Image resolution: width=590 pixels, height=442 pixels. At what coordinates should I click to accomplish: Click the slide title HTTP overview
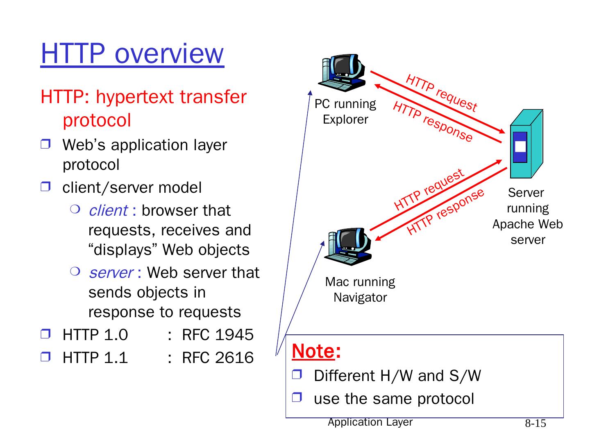132,54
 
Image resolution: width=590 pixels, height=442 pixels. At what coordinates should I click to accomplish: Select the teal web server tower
526,144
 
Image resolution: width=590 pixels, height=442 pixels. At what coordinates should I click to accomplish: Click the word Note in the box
313,351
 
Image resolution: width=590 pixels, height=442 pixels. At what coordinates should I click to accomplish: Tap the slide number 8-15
536,424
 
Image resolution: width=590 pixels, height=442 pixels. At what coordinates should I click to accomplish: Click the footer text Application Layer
370,422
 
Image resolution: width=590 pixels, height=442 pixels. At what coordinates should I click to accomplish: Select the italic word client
108,210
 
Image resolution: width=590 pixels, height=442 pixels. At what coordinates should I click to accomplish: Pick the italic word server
111,273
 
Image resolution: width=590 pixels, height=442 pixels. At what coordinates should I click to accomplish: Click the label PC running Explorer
345,111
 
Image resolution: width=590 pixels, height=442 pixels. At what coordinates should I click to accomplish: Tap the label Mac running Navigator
360,289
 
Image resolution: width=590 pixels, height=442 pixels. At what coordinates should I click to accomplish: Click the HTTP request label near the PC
441,93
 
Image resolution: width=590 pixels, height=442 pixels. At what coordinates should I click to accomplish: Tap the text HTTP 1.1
95,358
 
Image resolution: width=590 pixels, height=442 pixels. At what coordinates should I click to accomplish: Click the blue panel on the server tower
520,147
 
